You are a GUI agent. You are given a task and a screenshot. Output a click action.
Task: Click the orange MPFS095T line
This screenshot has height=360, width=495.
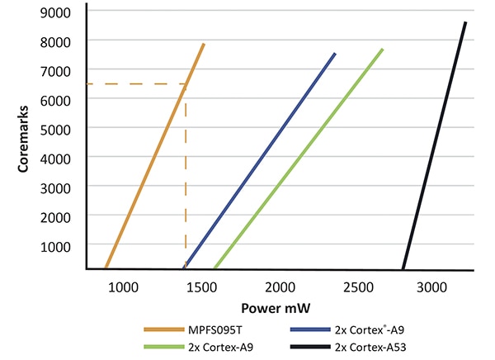(154, 157)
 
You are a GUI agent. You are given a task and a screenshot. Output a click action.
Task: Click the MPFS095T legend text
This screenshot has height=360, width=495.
(216, 330)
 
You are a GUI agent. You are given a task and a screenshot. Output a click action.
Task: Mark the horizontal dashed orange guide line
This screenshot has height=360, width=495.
(132, 83)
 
